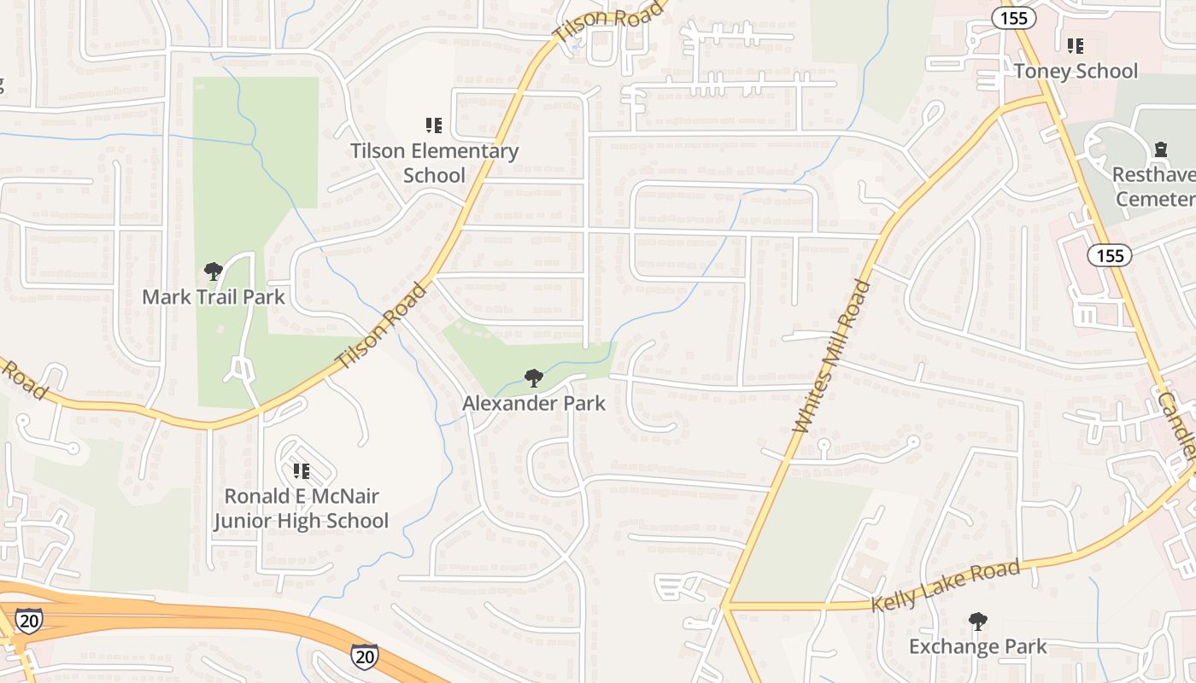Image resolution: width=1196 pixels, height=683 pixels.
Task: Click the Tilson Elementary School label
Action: click(x=435, y=163)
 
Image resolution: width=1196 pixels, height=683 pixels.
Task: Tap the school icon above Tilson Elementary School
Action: click(x=434, y=126)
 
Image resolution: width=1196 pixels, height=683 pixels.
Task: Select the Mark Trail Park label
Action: click(x=213, y=297)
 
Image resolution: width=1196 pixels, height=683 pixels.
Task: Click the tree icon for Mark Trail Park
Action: click(x=214, y=272)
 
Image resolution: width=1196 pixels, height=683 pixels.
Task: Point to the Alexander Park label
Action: click(x=534, y=403)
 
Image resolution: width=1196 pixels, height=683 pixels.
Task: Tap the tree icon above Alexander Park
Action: click(x=534, y=377)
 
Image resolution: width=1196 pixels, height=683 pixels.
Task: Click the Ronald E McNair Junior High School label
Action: click(x=301, y=509)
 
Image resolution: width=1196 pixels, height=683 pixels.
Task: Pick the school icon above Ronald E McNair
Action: click(x=301, y=471)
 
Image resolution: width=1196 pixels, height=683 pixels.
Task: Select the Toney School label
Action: click(x=1076, y=71)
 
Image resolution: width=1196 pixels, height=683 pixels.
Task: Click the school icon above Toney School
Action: click(x=1076, y=46)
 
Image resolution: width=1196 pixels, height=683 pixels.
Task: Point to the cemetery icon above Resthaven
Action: click(x=1160, y=150)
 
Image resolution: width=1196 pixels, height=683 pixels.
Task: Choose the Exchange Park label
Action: click(x=977, y=646)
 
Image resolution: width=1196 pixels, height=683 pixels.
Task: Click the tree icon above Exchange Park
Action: click(x=978, y=622)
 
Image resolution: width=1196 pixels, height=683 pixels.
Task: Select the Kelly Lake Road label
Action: click(x=946, y=585)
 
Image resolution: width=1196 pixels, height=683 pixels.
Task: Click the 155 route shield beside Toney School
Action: click(x=1015, y=18)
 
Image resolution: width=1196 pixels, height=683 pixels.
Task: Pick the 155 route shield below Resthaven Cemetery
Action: click(x=1110, y=255)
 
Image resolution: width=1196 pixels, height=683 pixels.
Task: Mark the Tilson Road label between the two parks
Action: click(x=381, y=326)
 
